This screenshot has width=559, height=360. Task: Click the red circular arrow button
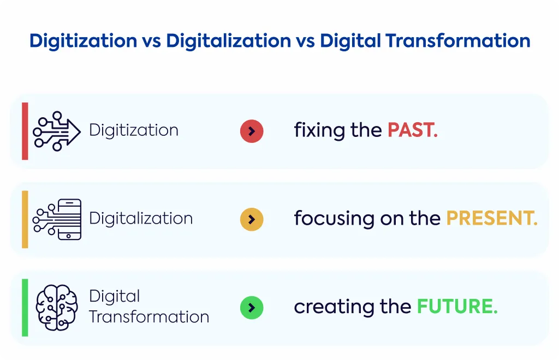(x=252, y=131)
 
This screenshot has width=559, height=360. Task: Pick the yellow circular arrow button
(x=252, y=219)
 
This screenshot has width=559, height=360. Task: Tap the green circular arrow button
(x=252, y=308)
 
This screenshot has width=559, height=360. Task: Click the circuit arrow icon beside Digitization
(x=57, y=131)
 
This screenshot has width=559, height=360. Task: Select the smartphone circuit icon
(x=57, y=219)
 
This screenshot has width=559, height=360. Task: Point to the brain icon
(x=57, y=308)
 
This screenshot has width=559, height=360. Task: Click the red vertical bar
(x=25, y=131)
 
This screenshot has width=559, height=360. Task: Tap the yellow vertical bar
(x=25, y=219)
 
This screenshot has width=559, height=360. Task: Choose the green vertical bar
(x=25, y=308)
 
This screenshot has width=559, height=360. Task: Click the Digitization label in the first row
(x=134, y=130)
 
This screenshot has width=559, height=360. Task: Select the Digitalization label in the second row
(x=141, y=219)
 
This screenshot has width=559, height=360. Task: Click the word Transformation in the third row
(x=149, y=317)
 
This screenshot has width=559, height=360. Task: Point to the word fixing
(x=319, y=131)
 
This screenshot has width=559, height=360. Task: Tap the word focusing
(x=334, y=219)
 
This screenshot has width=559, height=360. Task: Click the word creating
(x=334, y=307)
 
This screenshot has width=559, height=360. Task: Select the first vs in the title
(x=152, y=41)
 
